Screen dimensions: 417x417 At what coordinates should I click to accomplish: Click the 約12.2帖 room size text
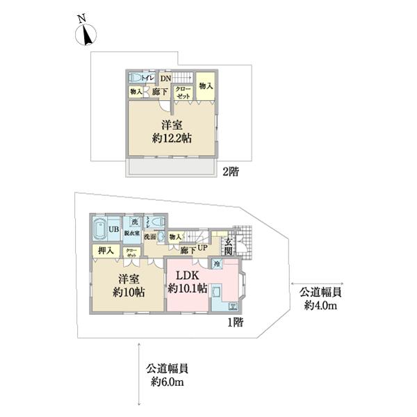pos(172,138)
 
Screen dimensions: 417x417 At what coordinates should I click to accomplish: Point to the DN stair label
pos(165,79)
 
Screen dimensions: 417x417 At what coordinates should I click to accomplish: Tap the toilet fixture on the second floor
pos(137,78)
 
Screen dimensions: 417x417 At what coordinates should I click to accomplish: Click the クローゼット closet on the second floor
pos(183,93)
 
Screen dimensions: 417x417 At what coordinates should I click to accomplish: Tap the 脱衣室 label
pos(132,233)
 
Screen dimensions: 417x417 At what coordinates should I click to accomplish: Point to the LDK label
pos(188,275)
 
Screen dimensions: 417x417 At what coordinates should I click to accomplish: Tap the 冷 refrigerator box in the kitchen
pos(217,264)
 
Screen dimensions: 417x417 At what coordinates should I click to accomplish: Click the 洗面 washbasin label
pos(149,237)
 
